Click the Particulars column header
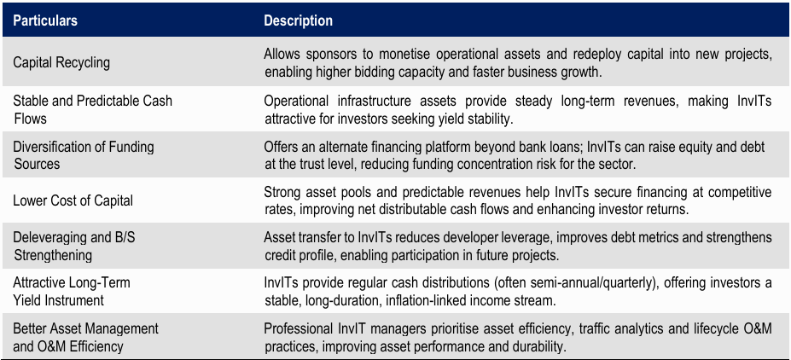(45, 20)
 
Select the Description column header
(298, 20)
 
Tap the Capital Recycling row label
(61, 63)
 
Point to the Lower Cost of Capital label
(73, 200)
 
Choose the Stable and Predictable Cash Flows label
(93, 109)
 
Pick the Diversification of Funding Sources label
(84, 154)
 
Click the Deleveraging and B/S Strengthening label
(74, 247)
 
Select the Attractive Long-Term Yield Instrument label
(72, 292)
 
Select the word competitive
(740, 193)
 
